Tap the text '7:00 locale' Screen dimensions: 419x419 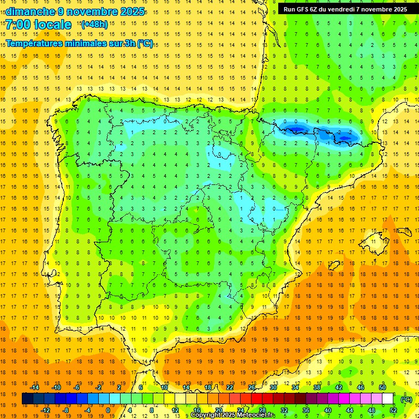pos(39,25)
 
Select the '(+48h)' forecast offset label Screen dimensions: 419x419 pos(94,24)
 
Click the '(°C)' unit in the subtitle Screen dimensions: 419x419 pos(145,44)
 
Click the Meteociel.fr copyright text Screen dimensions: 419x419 pos(233,415)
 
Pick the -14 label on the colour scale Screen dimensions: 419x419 pos(35,387)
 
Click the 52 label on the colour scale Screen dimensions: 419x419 pos(393,410)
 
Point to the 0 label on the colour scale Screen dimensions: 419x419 pos(108,410)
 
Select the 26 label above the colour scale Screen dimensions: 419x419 pos(252,387)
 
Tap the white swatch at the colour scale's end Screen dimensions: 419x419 pos(387,399)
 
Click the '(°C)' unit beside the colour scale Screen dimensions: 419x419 pos(406,399)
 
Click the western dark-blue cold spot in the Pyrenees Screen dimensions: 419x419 pos(295,128)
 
